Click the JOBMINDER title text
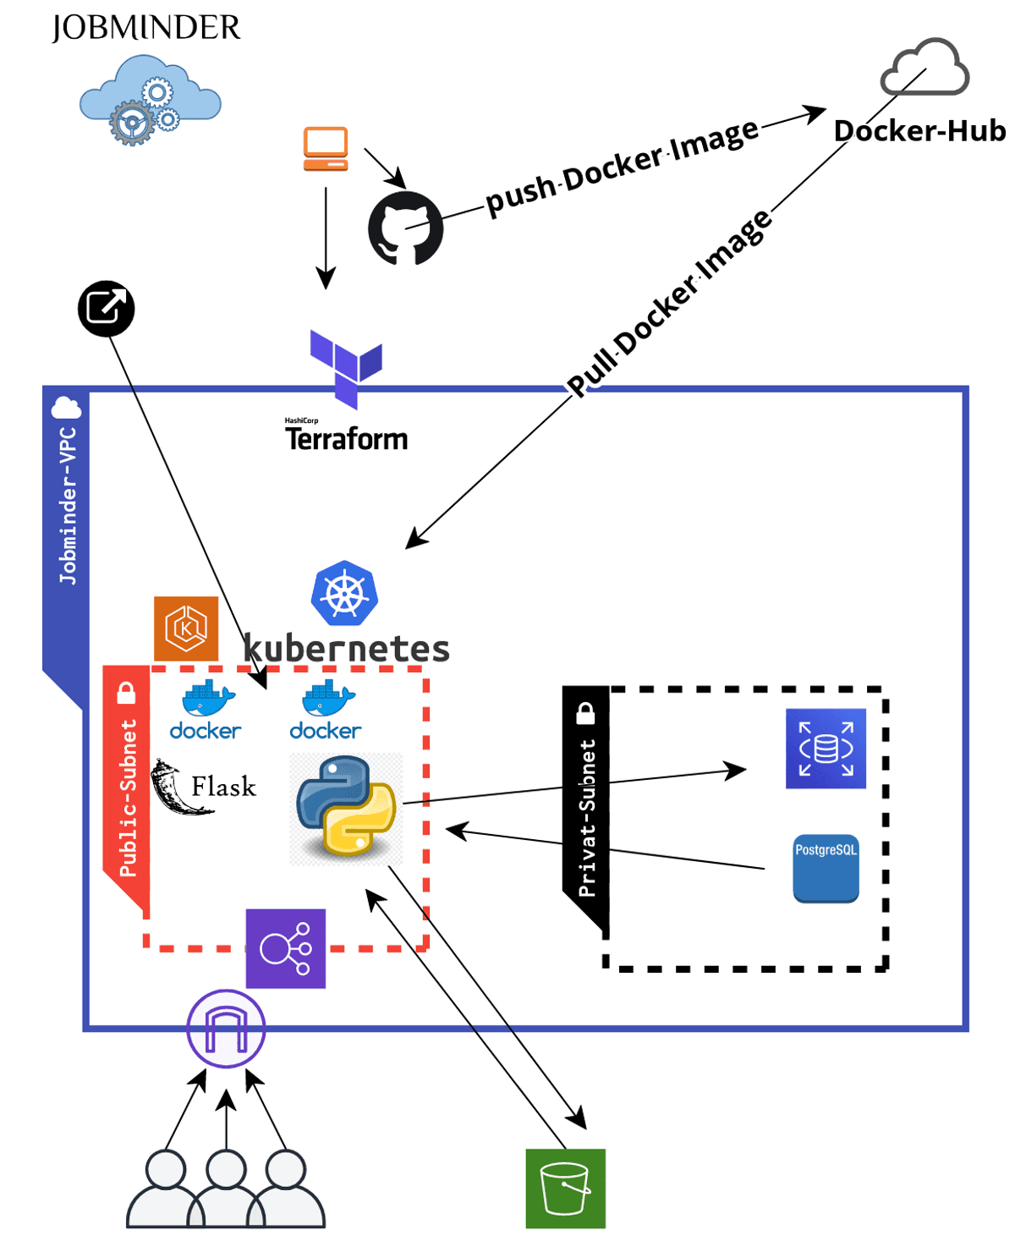(145, 28)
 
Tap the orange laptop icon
(326, 149)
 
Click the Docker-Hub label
(919, 131)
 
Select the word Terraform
(346, 439)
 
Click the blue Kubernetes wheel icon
(344, 593)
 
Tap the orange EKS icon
(186, 628)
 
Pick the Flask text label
(223, 787)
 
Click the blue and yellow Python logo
(346, 807)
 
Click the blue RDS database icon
(826, 749)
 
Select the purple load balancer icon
(286, 948)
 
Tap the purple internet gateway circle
(226, 1029)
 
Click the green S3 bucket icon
(565, 1188)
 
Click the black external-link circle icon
(107, 308)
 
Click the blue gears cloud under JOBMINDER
(150, 102)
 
